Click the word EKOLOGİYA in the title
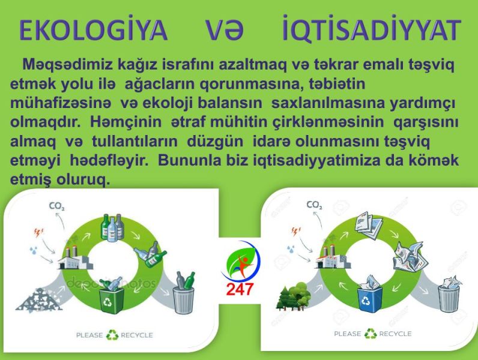[x=93, y=30]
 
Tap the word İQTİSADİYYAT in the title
[x=371, y=28]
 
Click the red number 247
[x=240, y=289]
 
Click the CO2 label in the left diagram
[x=56, y=206]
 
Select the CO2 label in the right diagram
[x=314, y=205]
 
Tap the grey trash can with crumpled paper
[x=449, y=294]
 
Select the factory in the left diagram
[x=74, y=258]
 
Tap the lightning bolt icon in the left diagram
[x=38, y=233]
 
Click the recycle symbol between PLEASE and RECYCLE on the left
[x=112, y=335]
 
